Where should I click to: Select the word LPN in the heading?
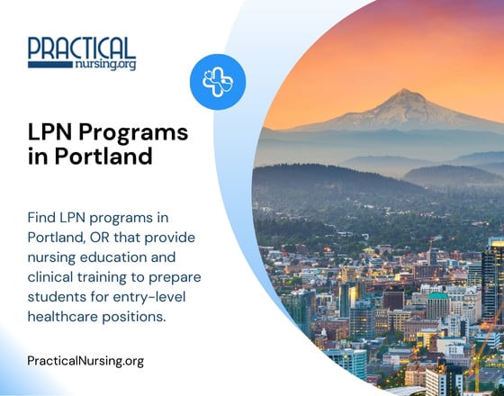52,132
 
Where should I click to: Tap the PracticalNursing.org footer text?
85,361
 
